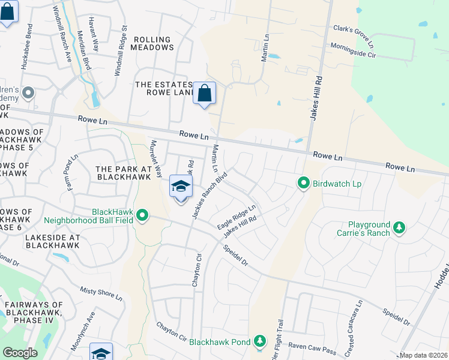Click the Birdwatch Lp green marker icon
click(x=304, y=183)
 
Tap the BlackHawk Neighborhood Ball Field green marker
click(x=142, y=215)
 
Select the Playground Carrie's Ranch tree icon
click(x=399, y=227)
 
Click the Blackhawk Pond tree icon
click(x=259, y=341)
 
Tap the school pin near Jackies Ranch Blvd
click(x=181, y=187)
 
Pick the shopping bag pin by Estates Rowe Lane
click(x=204, y=94)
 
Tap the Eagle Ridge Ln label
click(x=237, y=217)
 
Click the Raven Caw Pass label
click(x=312, y=346)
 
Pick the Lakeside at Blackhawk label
click(x=52, y=242)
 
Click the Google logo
click(x=20, y=353)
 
